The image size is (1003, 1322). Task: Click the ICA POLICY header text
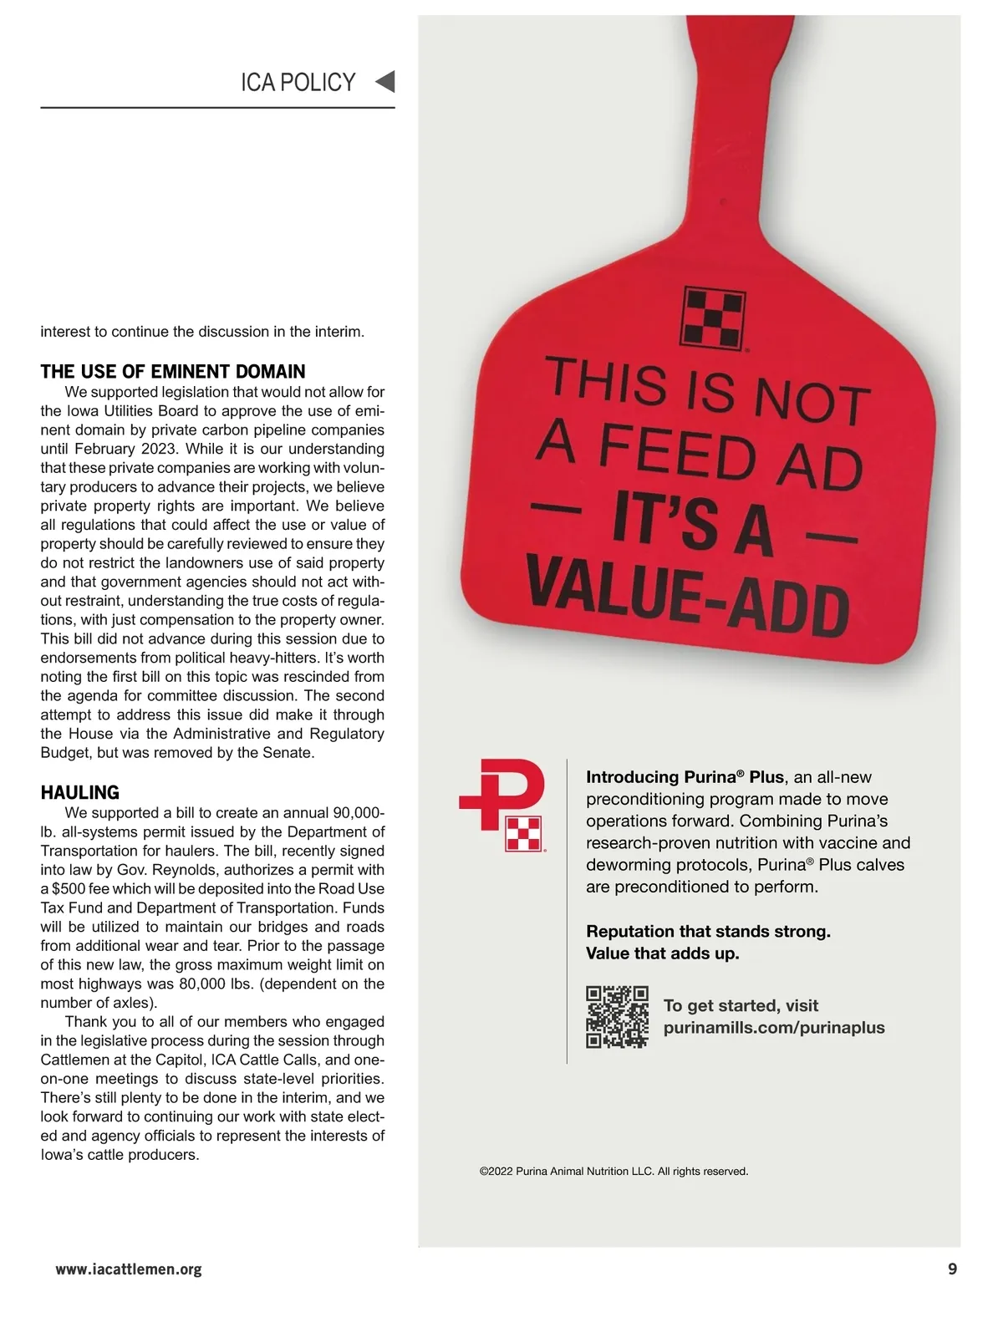click(x=298, y=83)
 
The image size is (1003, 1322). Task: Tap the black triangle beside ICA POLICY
click(x=384, y=82)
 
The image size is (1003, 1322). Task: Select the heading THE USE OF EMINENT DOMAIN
click(x=173, y=372)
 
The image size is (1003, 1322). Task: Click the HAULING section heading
click(x=80, y=792)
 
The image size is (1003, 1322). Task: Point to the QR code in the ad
click(x=617, y=1017)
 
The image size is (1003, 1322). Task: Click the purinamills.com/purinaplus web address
click(x=774, y=1028)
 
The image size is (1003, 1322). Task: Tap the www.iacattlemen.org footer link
click(x=129, y=1269)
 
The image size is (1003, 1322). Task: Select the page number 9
click(x=952, y=1269)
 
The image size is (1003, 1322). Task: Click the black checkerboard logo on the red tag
click(x=713, y=318)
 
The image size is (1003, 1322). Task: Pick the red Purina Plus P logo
click(x=503, y=803)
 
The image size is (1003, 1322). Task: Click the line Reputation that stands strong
click(x=708, y=931)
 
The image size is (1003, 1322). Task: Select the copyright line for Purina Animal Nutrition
click(x=614, y=1172)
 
